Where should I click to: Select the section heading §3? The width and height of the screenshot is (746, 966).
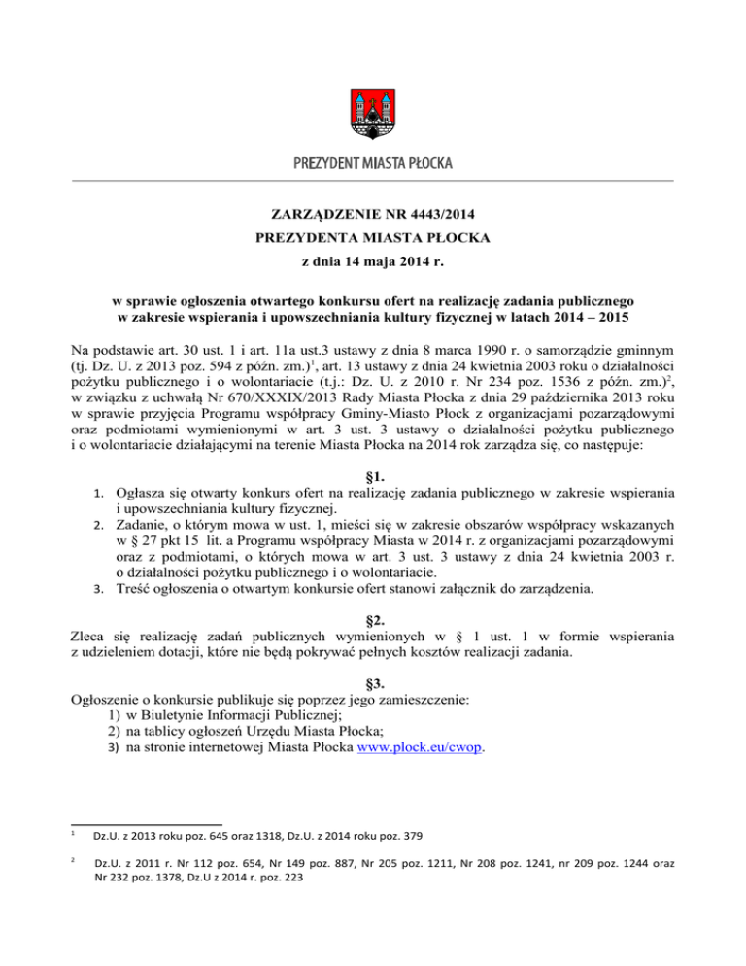point(373,679)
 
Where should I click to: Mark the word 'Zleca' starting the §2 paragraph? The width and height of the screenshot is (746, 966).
point(90,637)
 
